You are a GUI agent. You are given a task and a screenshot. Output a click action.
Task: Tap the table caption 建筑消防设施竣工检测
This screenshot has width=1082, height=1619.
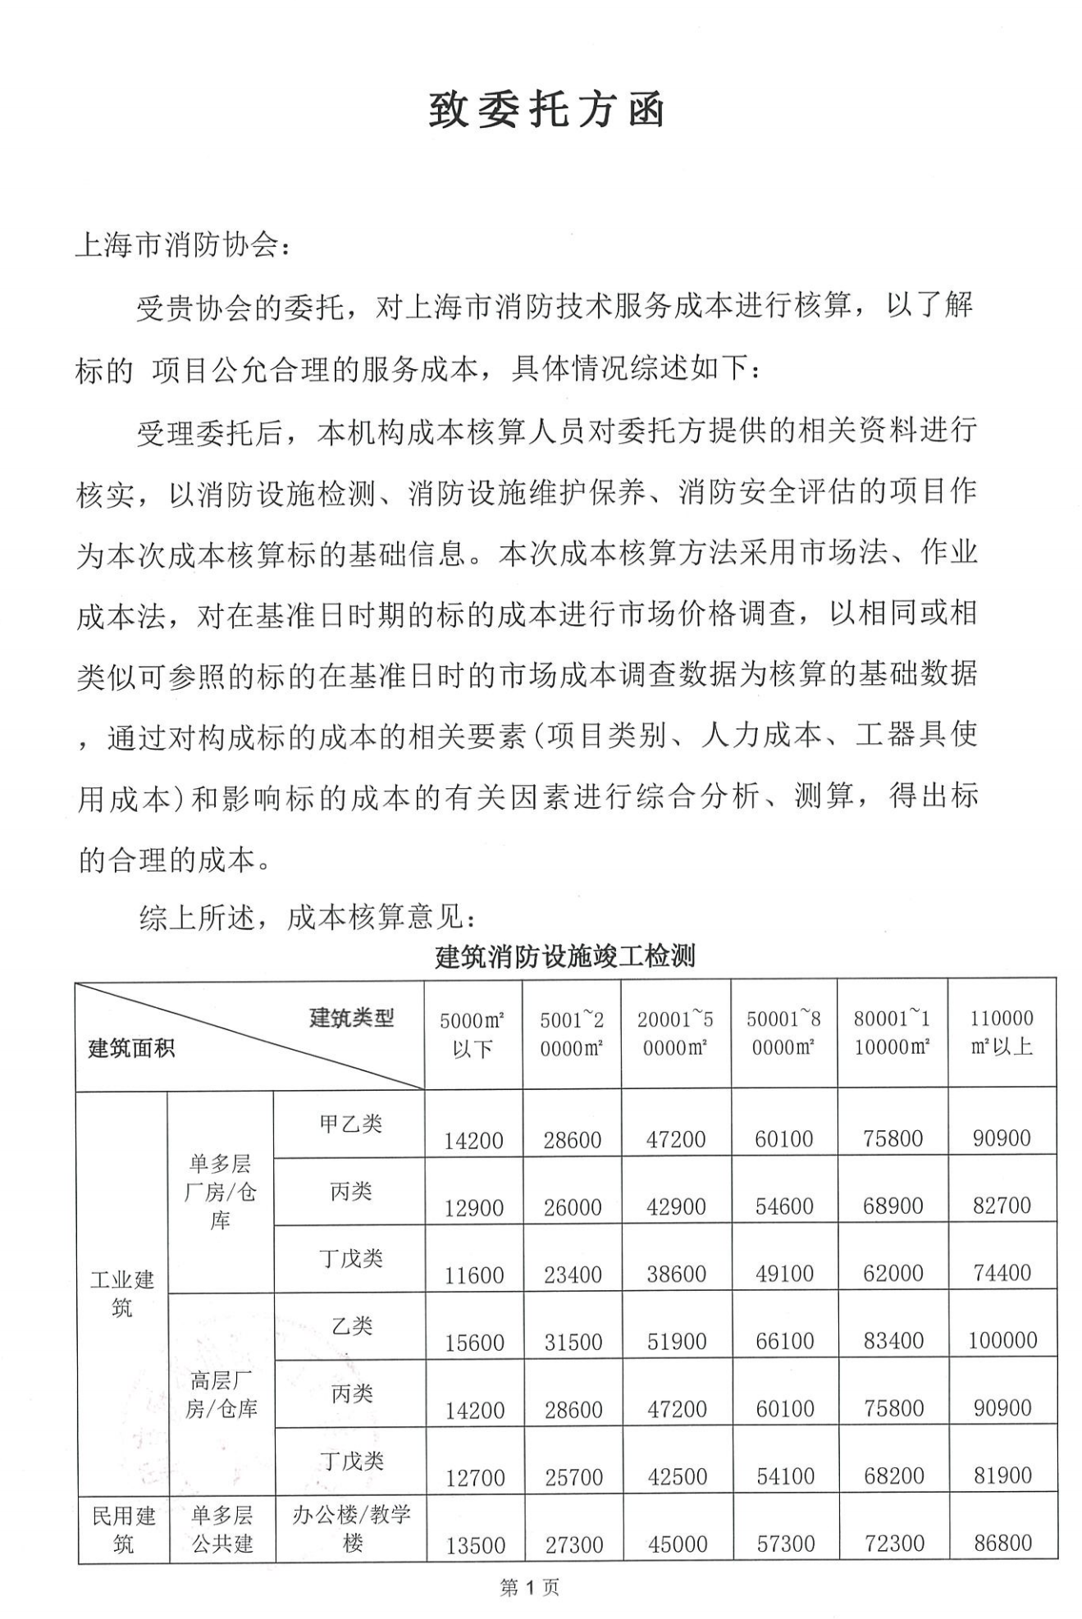(x=564, y=955)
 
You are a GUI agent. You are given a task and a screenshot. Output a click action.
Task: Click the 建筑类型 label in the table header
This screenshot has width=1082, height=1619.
(x=351, y=1018)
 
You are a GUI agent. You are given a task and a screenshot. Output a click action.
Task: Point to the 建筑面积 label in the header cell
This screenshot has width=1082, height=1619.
(x=131, y=1048)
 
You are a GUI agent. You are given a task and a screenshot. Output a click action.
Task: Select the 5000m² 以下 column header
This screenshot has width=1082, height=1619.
(x=473, y=1033)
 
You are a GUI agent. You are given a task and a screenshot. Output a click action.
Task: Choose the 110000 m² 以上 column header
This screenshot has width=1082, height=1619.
(x=1001, y=1032)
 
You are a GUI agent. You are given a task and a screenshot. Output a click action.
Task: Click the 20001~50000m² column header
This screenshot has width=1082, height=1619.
(x=675, y=1033)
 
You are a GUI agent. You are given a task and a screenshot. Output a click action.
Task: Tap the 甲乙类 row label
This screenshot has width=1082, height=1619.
(x=350, y=1124)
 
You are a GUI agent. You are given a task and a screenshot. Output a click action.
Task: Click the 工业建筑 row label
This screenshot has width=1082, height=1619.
(x=121, y=1293)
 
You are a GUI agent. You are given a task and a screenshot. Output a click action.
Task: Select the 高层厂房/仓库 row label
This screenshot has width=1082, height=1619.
(x=221, y=1394)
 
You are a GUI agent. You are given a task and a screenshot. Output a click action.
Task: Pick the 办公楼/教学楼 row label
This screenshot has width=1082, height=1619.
(x=351, y=1528)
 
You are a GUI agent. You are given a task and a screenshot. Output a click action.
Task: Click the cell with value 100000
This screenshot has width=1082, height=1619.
(x=1002, y=1340)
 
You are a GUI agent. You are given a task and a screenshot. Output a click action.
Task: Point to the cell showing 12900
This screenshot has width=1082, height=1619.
(x=473, y=1207)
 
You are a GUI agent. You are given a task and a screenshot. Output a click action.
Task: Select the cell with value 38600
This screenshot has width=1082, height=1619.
(x=676, y=1274)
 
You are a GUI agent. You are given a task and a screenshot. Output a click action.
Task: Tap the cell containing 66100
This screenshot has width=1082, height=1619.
(x=784, y=1341)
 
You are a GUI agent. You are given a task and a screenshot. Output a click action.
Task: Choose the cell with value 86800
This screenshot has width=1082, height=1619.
(x=1002, y=1543)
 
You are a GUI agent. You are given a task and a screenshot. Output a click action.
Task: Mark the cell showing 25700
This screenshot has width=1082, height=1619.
(x=573, y=1477)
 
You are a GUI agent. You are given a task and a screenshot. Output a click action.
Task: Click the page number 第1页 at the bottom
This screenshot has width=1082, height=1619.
(x=529, y=1588)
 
